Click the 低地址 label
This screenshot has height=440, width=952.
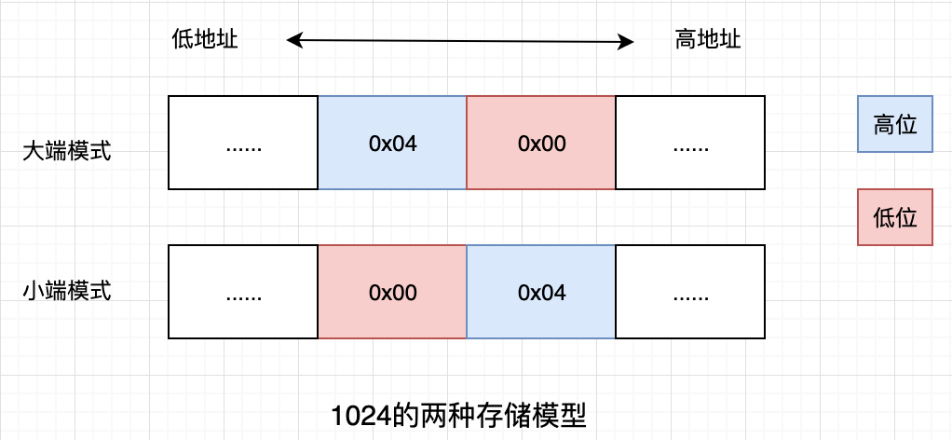205,40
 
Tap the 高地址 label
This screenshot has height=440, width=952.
708,40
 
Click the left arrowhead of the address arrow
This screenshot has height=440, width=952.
292,40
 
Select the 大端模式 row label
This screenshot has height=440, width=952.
67,151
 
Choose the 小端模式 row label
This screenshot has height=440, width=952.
67,291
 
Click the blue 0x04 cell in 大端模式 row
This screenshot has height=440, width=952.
392,143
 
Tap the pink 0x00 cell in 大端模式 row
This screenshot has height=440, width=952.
541,143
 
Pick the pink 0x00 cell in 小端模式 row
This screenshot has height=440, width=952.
392,292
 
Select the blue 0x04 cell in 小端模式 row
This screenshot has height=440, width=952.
541,292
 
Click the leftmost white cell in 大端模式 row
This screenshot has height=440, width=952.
243,143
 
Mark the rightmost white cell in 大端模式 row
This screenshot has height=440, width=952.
690,143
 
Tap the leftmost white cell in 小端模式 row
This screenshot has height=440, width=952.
243,292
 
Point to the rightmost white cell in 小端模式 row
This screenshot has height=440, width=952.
690,292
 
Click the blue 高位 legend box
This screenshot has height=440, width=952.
894,124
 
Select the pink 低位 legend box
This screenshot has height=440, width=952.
894,217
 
